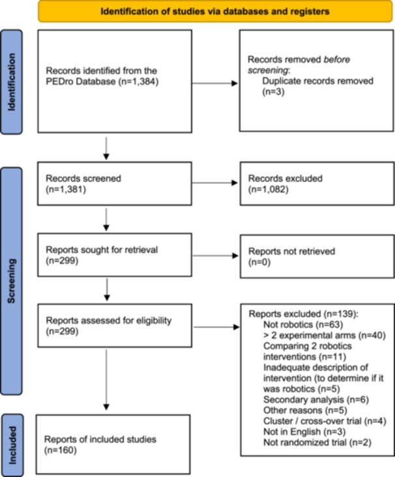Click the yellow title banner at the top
[x=215, y=11]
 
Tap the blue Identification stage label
[x=12, y=82]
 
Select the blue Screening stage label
[x=12, y=281]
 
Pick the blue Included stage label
[x=12, y=445]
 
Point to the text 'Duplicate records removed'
[x=317, y=81]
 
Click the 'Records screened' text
[x=83, y=178]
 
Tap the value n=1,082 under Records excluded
[x=269, y=189]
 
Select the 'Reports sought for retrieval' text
[x=102, y=250]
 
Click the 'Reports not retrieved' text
[x=292, y=251]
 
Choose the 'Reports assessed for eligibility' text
[x=109, y=320]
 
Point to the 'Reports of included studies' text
[x=100, y=439]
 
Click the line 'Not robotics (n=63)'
[x=303, y=324]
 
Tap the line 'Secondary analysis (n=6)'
[x=316, y=399]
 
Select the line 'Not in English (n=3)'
[x=304, y=432]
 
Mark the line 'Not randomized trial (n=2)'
[x=317, y=442]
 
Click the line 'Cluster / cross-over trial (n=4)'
[x=325, y=421]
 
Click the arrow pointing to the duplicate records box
[x=215, y=83]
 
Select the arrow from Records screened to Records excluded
[x=215, y=183]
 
